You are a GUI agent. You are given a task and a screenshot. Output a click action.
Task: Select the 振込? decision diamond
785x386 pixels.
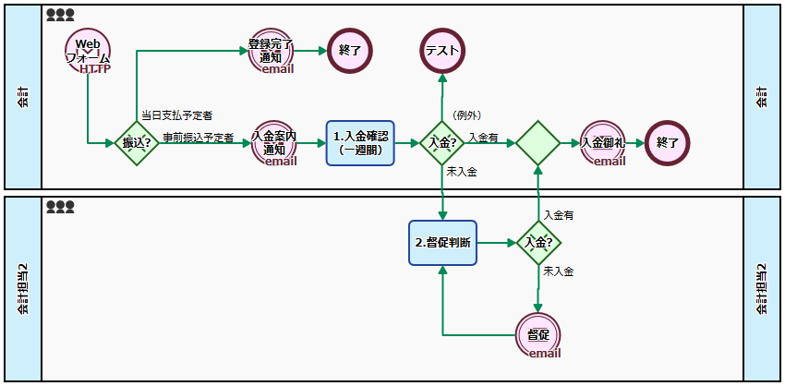(137, 143)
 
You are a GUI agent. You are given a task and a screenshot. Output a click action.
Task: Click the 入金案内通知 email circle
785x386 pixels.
(274, 143)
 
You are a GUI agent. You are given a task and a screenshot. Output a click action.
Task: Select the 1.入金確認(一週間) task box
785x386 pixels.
(360, 143)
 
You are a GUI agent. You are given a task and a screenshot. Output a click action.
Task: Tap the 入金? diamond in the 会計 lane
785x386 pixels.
(443, 143)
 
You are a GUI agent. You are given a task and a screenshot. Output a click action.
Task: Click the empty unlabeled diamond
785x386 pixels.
(537, 143)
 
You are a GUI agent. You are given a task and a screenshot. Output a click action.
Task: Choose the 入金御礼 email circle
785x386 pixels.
(603, 143)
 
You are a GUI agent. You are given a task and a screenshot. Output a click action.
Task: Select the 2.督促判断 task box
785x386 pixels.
(443, 243)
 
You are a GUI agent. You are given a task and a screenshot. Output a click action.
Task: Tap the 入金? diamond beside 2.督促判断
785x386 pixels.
(537, 243)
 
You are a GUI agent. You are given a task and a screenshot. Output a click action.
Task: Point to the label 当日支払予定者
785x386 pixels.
(176, 115)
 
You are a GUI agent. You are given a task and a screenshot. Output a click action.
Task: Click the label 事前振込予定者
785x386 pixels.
(198, 138)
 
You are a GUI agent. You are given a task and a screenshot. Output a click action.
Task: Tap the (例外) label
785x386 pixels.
(466, 115)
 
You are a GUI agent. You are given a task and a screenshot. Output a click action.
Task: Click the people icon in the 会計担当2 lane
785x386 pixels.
(60, 207)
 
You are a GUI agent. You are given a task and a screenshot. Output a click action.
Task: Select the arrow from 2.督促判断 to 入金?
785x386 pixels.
(496, 243)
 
